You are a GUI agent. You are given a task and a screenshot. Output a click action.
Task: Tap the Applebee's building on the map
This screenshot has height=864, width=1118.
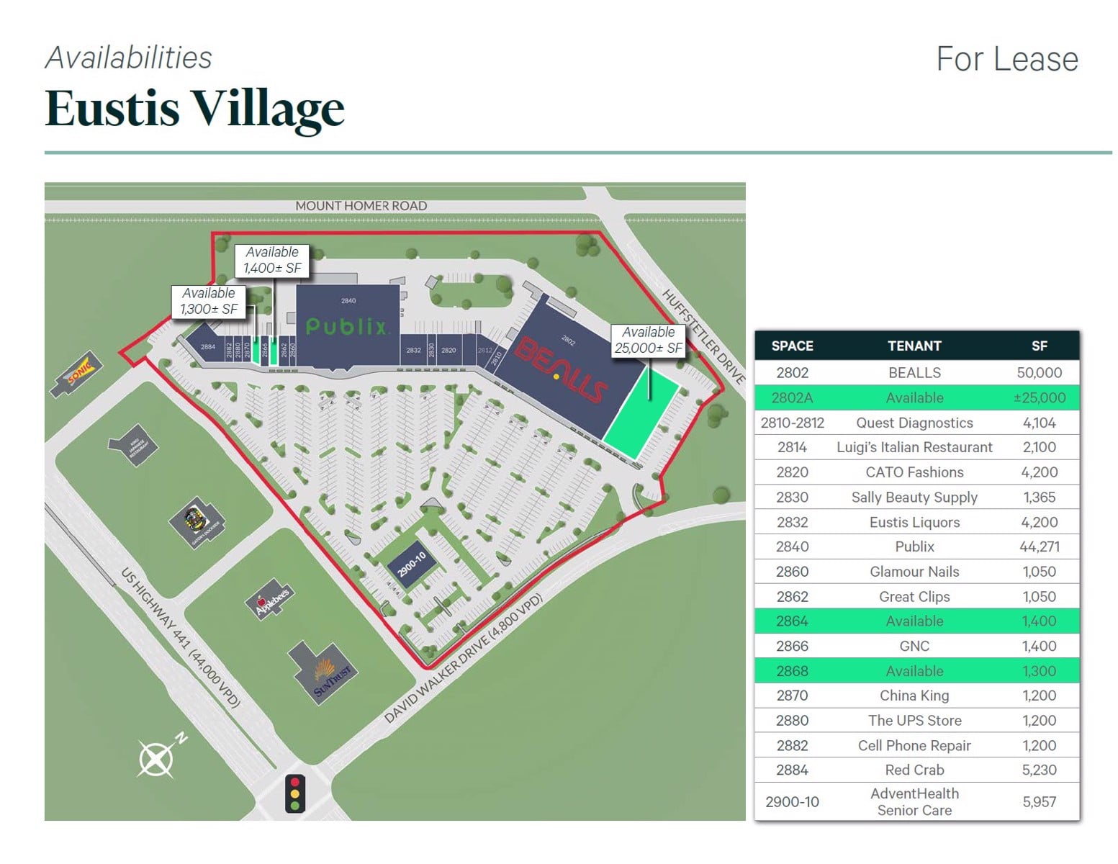(x=271, y=600)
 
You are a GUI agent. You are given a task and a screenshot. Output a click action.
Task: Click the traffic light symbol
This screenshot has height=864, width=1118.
(x=294, y=793)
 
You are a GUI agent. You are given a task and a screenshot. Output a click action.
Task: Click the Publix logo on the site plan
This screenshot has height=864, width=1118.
(x=346, y=327)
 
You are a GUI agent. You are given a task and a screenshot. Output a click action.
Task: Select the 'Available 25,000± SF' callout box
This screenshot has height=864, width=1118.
(x=648, y=340)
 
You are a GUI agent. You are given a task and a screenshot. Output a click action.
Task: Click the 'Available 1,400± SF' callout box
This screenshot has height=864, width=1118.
(x=272, y=260)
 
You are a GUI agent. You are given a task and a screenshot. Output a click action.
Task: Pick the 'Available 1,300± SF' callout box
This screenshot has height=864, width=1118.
(x=209, y=301)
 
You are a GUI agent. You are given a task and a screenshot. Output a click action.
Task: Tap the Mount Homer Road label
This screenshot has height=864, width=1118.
(x=361, y=206)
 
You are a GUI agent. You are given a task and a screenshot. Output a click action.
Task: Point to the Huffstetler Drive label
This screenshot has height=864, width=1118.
(x=703, y=336)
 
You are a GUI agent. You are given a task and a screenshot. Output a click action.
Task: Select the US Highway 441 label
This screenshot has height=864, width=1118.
(x=179, y=638)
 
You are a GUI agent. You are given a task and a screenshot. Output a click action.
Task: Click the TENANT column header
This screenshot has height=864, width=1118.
(x=914, y=346)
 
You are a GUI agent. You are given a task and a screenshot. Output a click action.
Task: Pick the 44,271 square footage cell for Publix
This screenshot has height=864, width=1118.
(x=1039, y=546)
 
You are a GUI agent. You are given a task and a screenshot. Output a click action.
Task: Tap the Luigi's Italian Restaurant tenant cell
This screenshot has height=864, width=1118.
(x=914, y=447)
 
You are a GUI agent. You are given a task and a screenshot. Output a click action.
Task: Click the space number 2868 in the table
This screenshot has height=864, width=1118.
(x=792, y=671)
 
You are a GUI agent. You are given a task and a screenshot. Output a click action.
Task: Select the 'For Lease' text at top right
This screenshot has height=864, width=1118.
(x=1006, y=59)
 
